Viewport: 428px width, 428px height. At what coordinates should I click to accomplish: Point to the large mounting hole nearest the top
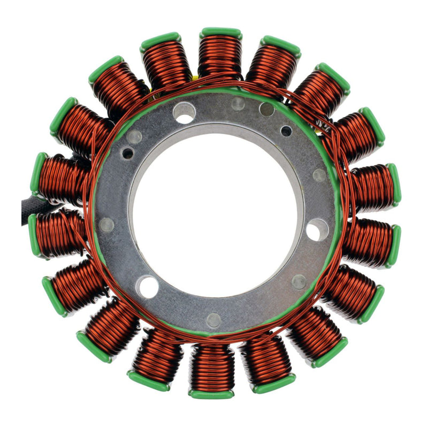184,112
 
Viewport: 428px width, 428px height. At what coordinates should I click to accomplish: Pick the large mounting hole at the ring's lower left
147,287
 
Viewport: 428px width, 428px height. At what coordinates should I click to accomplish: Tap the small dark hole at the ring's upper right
286,131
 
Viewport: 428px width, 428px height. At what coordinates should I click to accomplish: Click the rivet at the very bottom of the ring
213,320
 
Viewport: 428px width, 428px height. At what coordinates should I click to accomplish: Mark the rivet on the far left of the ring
107,225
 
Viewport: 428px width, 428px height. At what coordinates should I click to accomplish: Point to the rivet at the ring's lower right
299,281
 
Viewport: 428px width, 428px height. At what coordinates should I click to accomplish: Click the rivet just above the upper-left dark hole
136,137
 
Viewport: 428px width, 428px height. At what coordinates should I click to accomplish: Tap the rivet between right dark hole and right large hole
319,175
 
